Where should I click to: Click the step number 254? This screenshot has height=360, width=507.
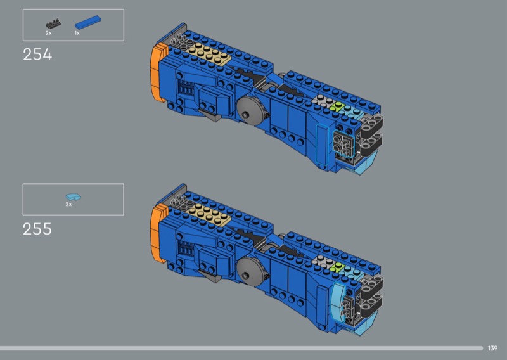click(37, 55)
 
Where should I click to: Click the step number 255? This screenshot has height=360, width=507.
click(37, 229)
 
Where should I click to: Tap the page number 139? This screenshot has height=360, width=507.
click(492, 348)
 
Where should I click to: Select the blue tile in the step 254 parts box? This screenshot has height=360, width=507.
click(88, 23)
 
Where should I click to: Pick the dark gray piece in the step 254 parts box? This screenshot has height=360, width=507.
click(53, 24)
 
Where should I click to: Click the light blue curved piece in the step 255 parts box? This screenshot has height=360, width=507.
click(73, 196)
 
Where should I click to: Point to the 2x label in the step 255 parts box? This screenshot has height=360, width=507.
click(68, 205)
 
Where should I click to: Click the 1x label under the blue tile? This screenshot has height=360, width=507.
click(77, 33)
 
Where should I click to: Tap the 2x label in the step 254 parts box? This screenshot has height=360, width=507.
click(49, 33)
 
